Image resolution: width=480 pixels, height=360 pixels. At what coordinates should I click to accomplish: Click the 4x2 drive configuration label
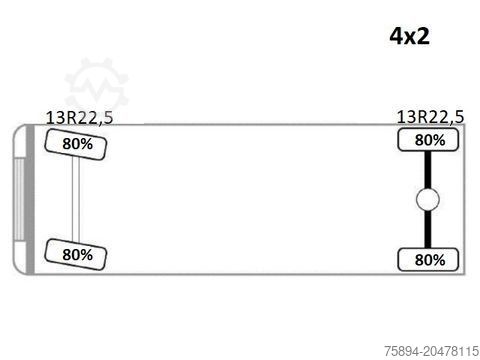coord(409,37)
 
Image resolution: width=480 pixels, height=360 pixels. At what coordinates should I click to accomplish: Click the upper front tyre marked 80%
coord(78,145)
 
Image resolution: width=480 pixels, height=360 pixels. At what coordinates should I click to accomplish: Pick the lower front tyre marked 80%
coord(78,255)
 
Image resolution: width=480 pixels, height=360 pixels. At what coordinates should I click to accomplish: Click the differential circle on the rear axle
coord(428,201)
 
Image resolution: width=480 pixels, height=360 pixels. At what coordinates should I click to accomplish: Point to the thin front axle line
coord(76,200)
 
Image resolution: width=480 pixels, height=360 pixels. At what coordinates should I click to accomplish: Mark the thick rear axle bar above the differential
coord(428,170)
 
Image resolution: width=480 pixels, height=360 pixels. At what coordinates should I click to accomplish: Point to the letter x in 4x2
coord(409,38)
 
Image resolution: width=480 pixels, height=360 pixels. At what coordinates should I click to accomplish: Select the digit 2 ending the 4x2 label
coord(424,37)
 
